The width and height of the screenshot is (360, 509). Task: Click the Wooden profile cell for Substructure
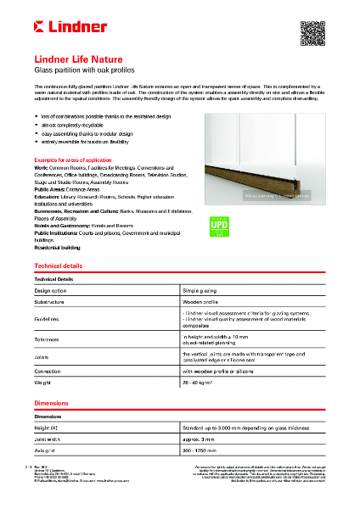(x=201, y=301)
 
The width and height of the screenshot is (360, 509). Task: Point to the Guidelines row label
(x=48, y=319)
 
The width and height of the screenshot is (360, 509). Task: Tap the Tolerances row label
(x=48, y=339)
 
